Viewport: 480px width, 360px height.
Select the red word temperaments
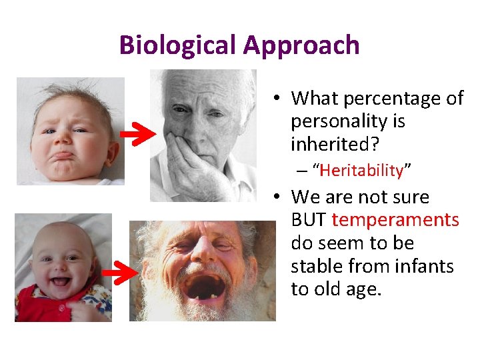(395, 220)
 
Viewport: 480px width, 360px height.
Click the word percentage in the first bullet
(389, 99)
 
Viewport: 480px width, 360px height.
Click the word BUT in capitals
(309, 220)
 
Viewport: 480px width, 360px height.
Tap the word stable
(316, 267)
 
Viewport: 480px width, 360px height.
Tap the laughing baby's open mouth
(60, 282)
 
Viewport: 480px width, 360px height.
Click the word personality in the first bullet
(348, 121)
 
